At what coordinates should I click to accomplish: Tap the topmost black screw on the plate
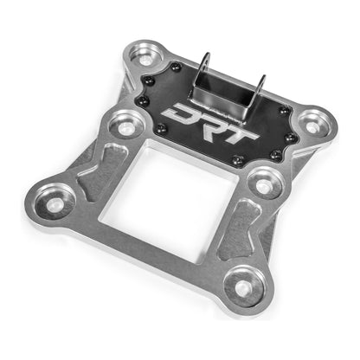point(177,67)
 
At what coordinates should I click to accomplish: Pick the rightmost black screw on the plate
point(291,137)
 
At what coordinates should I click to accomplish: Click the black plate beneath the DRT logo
point(199,138)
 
